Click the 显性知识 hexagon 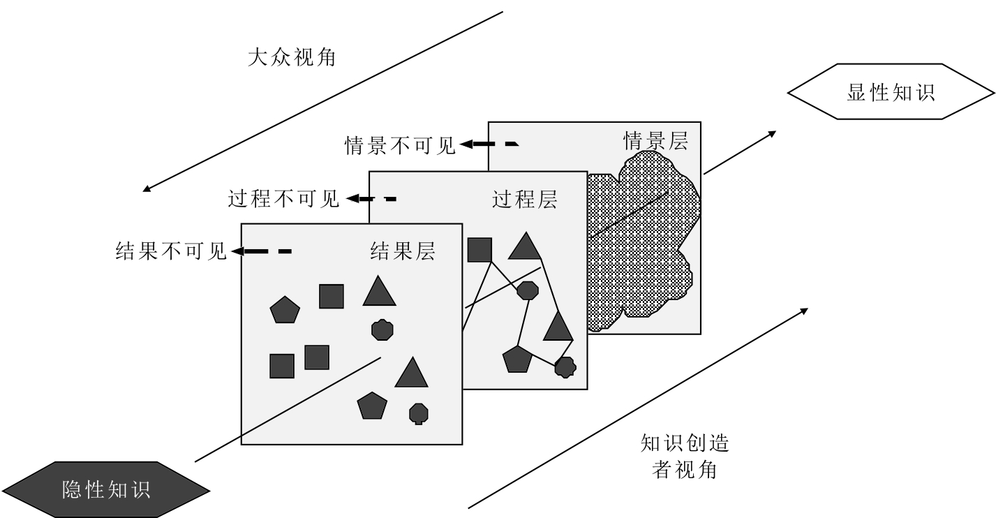coord(891,93)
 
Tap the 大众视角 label coord(292,57)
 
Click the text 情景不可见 coord(400,145)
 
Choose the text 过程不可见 coord(283,200)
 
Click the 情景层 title coord(655,142)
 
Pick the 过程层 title coord(525,200)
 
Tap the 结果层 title coord(402,251)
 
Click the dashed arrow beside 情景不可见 coord(489,145)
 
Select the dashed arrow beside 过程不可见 coord(371,199)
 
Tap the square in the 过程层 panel coord(480,250)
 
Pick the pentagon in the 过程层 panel coord(517,359)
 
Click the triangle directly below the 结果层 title coord(379,292)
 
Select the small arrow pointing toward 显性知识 coord(740,151)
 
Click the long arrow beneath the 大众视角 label coord(322,101)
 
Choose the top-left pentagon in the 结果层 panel coord(285,309)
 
